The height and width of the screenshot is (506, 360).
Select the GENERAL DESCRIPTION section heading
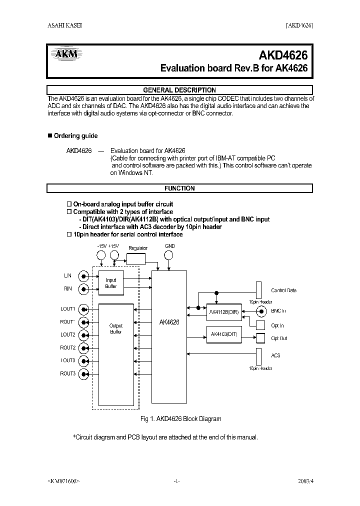click(x=179, y=90)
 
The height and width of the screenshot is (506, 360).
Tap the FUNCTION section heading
click(x=179, y=188)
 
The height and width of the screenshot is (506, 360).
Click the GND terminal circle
click(x=169, y=255)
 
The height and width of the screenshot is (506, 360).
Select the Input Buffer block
click(x=111, y=283)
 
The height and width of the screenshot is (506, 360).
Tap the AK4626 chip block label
click(x=169, y=322)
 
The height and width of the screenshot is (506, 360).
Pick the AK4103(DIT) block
click(x=223, y=334)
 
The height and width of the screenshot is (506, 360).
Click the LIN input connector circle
click(x=85, y=275)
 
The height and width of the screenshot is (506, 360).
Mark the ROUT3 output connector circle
click(x=85, y=374)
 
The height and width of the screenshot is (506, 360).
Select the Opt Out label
click(x=279, y=338)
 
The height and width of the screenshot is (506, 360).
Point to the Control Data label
click(x=283, y=290)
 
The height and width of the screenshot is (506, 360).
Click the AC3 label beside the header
click(x=275, y=355)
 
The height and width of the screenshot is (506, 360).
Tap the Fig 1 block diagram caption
click(x=178, y=418)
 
